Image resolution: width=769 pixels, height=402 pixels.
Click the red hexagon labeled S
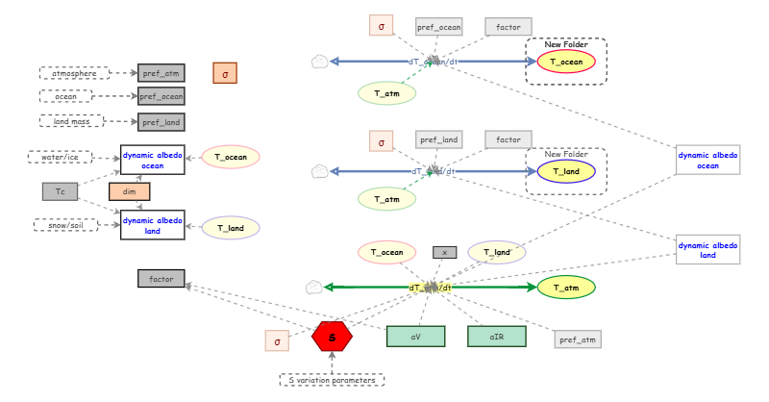coord(333,337)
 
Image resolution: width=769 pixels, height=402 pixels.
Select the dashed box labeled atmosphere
coord(74,73)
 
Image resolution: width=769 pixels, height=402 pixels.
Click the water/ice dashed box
coord(60,157)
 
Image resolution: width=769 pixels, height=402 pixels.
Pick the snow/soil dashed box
coord(66,224)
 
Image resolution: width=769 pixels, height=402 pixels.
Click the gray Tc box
coord(60,191)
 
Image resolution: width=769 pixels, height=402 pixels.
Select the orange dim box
coord(130,191)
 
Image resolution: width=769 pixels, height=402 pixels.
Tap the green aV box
coord(415,337)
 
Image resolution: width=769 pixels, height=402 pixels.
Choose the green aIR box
coord(496,337)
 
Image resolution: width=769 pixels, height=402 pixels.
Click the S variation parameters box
coord(332,380)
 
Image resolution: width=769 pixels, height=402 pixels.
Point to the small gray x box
coord(444,252)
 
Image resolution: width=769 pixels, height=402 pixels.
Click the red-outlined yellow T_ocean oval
coord(566,63)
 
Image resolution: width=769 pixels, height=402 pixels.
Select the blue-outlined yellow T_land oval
coord(566,172)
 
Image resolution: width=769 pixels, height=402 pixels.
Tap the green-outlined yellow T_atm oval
coord(566,287)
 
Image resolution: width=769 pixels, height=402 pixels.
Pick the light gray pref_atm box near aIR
coord(578,339)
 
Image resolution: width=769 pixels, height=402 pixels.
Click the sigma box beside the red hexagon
coord(277,339)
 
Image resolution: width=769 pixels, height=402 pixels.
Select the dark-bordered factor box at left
coord(161,279)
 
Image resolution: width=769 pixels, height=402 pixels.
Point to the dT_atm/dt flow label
coord(430,287)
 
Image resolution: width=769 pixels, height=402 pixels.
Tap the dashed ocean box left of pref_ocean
coord(65,96)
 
